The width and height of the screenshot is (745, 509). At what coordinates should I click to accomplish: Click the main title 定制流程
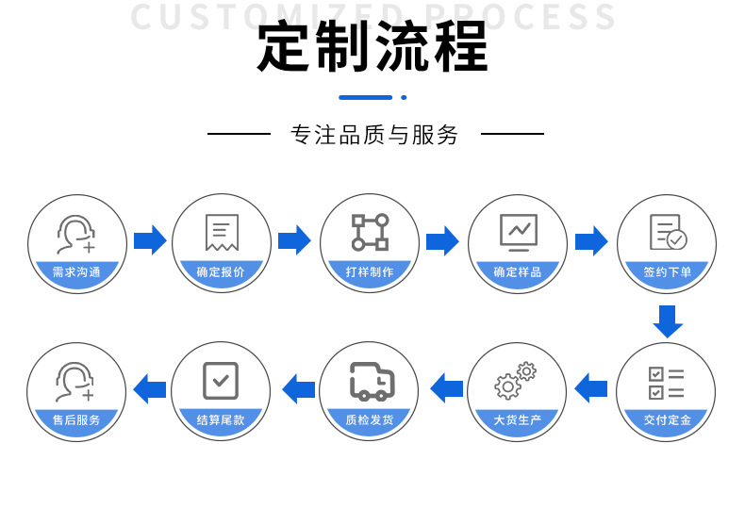[x=372, y=48]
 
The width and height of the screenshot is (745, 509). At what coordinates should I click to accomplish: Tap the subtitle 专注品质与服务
[x=374, y=135]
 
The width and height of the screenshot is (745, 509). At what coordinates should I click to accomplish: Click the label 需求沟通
[x=76, y=272]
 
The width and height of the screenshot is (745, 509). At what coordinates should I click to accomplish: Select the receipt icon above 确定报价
[x=221, y=232]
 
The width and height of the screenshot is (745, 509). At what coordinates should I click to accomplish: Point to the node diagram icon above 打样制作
[x=370, y=232]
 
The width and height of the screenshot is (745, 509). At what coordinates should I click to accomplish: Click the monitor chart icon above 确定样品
[x=518, y=231]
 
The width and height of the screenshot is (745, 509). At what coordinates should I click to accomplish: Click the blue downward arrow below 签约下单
[x=668, y=320]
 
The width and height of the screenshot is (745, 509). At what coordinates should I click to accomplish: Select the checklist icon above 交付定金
[x=666, y=382]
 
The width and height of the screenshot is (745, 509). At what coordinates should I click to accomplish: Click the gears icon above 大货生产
[x=516, y=380]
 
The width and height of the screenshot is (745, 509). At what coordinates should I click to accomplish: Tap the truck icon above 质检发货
[x=371, y=381]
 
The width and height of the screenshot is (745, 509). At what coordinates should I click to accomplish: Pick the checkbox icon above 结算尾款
[x=221, y=381]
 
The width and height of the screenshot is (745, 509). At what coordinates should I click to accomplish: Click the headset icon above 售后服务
[x=75, y=382]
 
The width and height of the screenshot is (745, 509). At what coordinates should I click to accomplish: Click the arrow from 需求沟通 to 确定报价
[x=149, y=240]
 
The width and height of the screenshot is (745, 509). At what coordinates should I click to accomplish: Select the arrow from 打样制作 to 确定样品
[x=442, y=240]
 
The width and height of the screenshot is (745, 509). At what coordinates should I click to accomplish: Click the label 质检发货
[x=370, y=420]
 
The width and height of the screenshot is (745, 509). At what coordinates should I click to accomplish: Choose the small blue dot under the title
[x=404, y=97]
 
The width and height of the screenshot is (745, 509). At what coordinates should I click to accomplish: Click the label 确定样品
[x=518, y=272]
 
